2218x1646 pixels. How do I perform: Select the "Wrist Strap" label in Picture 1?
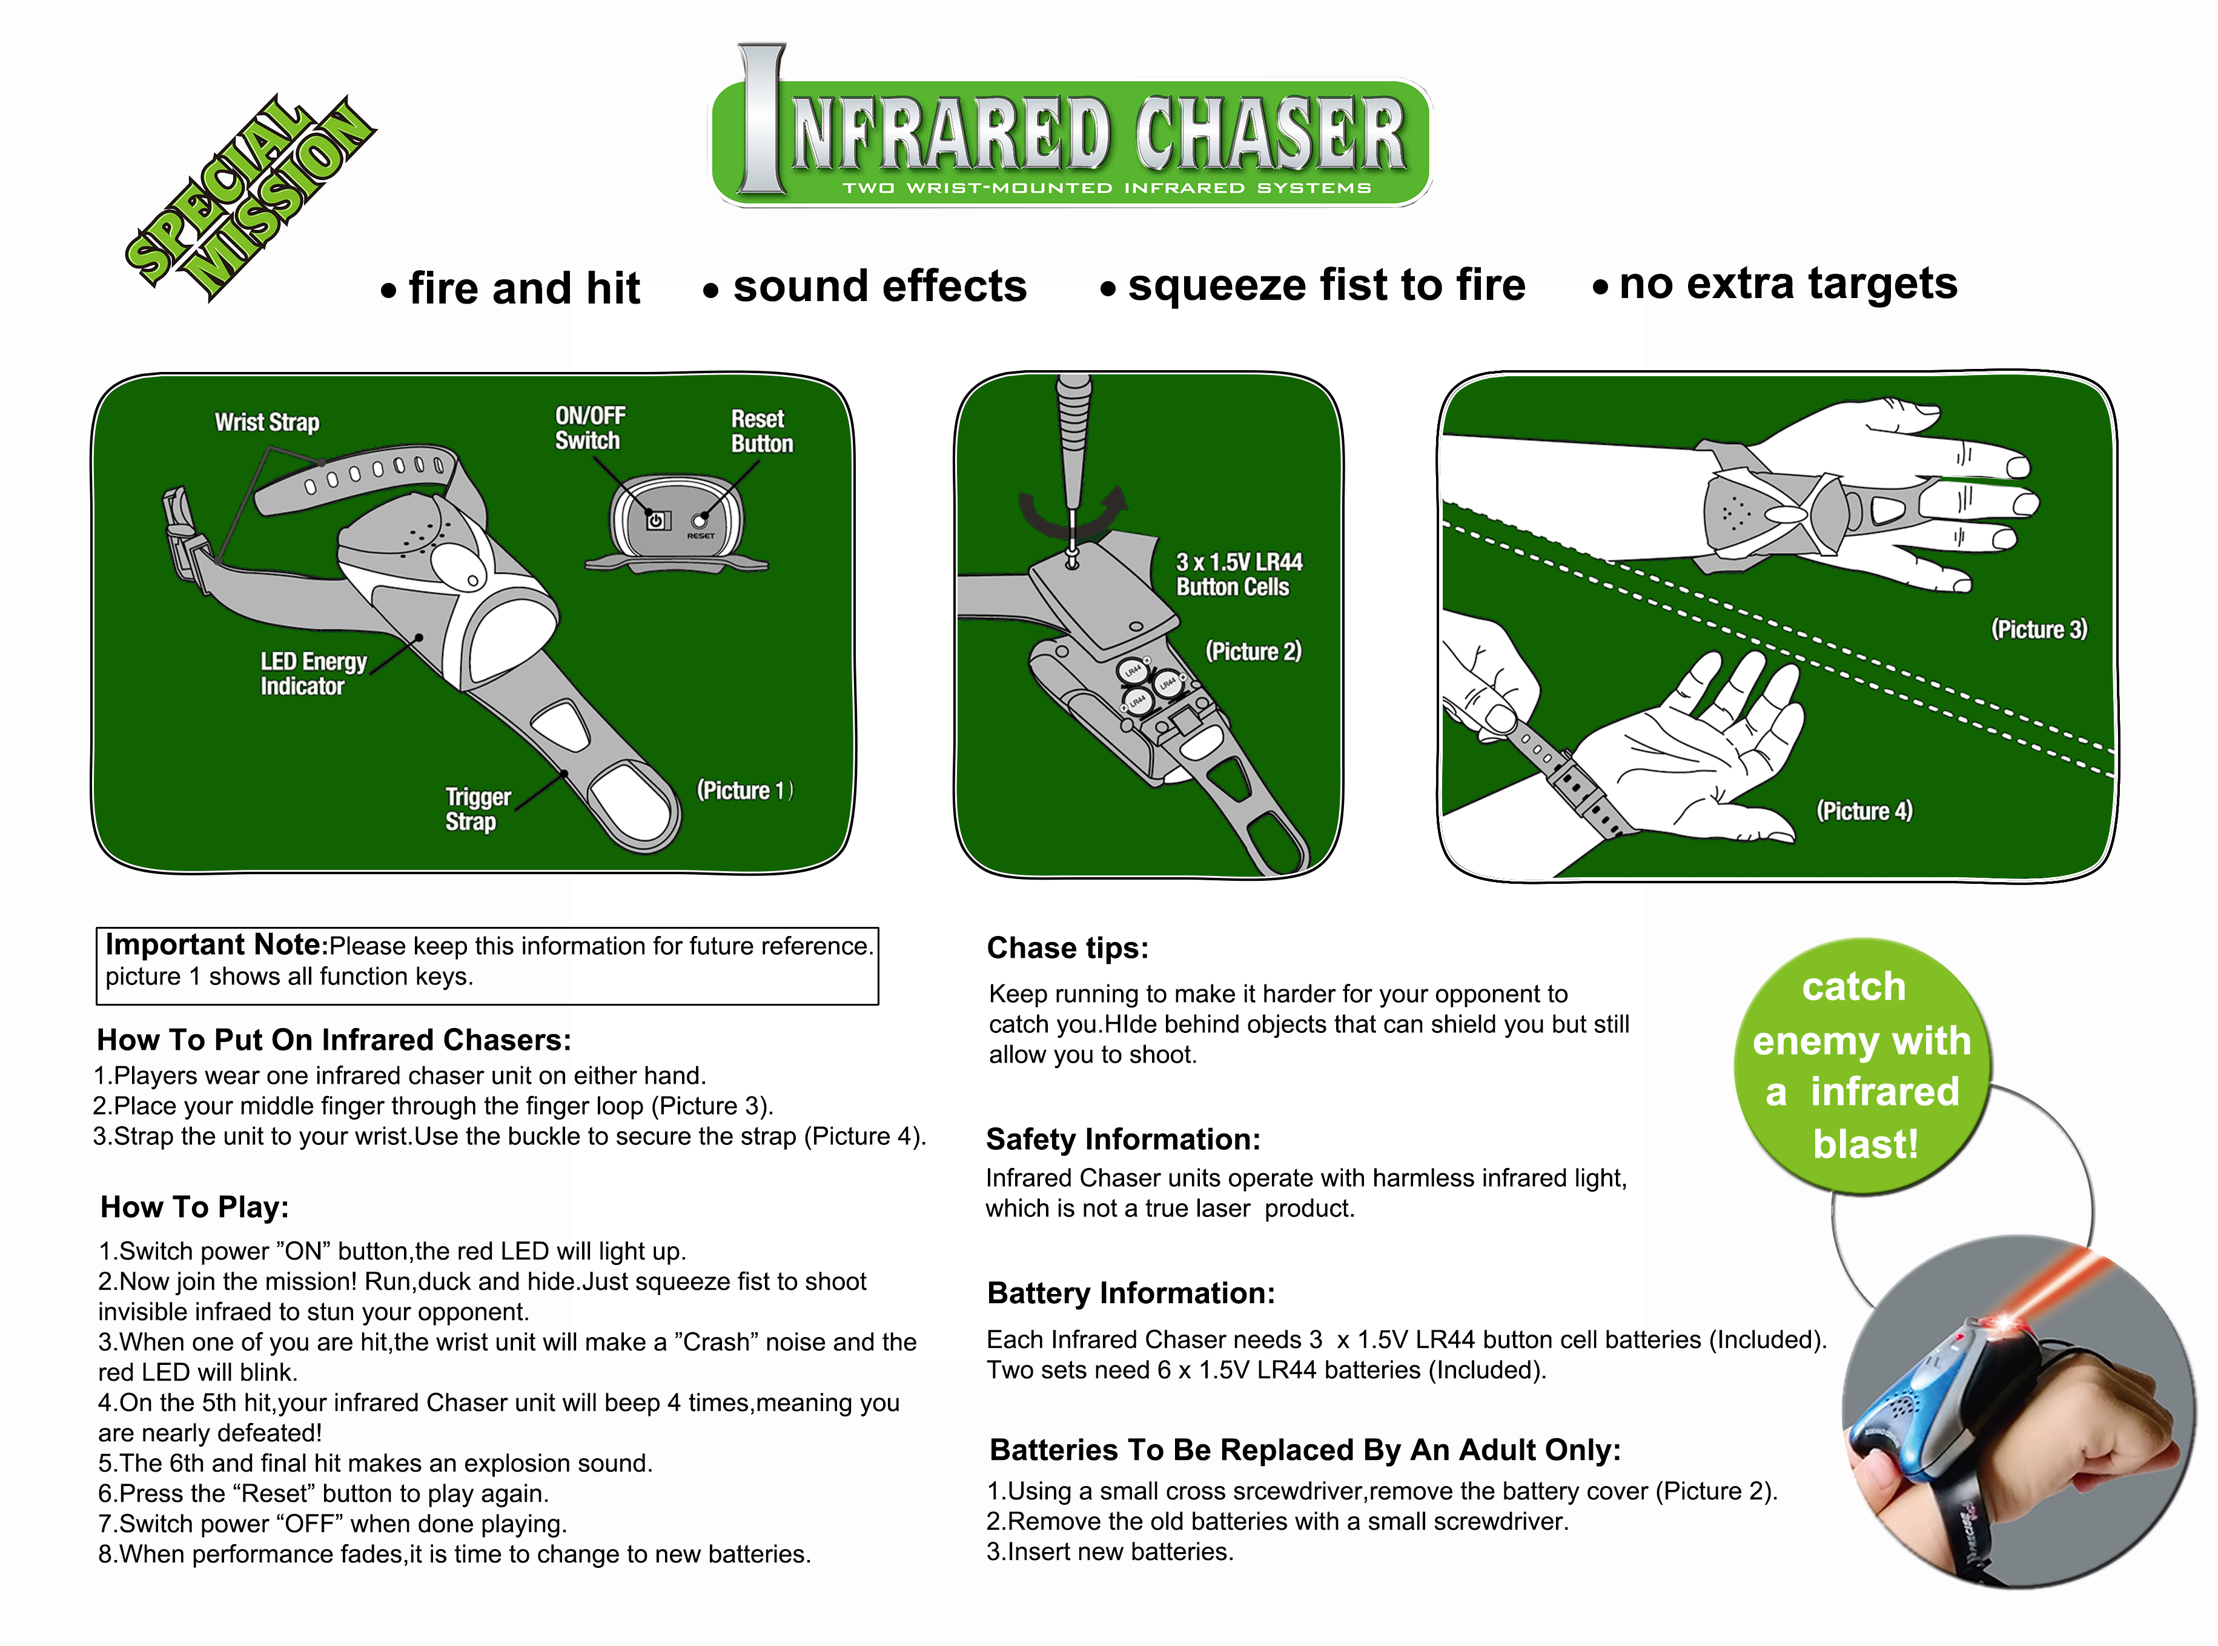pyautogui.click(x=267, y=422)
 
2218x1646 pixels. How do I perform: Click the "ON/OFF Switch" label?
pyautogui.click(x=589, y=428)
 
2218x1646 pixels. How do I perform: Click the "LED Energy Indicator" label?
pyautogui.click(x=313, y=674)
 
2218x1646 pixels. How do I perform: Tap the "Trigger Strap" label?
pyautogui.click(x=478, y=809)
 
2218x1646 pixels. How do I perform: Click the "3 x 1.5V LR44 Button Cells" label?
pyautogui.click(x=1239, y=575)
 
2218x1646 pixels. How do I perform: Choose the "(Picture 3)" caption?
pyautogui.click(x=2039, y=629)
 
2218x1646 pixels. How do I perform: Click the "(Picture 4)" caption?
pyautogui.click(x=1864, y=811)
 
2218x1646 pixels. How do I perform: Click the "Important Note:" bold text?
pyautogui.click(x=216, y=944)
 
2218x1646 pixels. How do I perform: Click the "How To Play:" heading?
pyautogui.click(x=194, y=1207)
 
